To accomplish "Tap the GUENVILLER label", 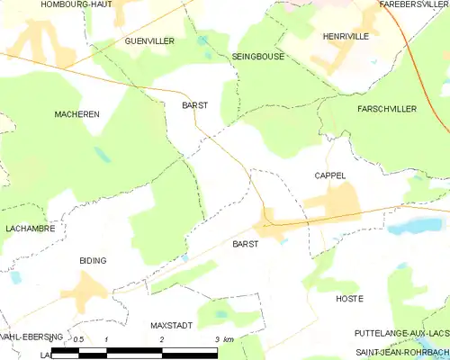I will pos(149,41).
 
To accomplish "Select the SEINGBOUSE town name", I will pos(257,56).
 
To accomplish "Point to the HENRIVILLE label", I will pos(346,37).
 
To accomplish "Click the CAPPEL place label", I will pos(330,175).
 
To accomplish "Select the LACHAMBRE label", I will pos(30,229).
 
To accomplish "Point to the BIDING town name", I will pos(93,260).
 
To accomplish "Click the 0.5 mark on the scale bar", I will pos(78,339).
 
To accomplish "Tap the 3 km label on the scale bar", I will pos(223,339).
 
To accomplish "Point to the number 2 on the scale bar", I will pos(161,339).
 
